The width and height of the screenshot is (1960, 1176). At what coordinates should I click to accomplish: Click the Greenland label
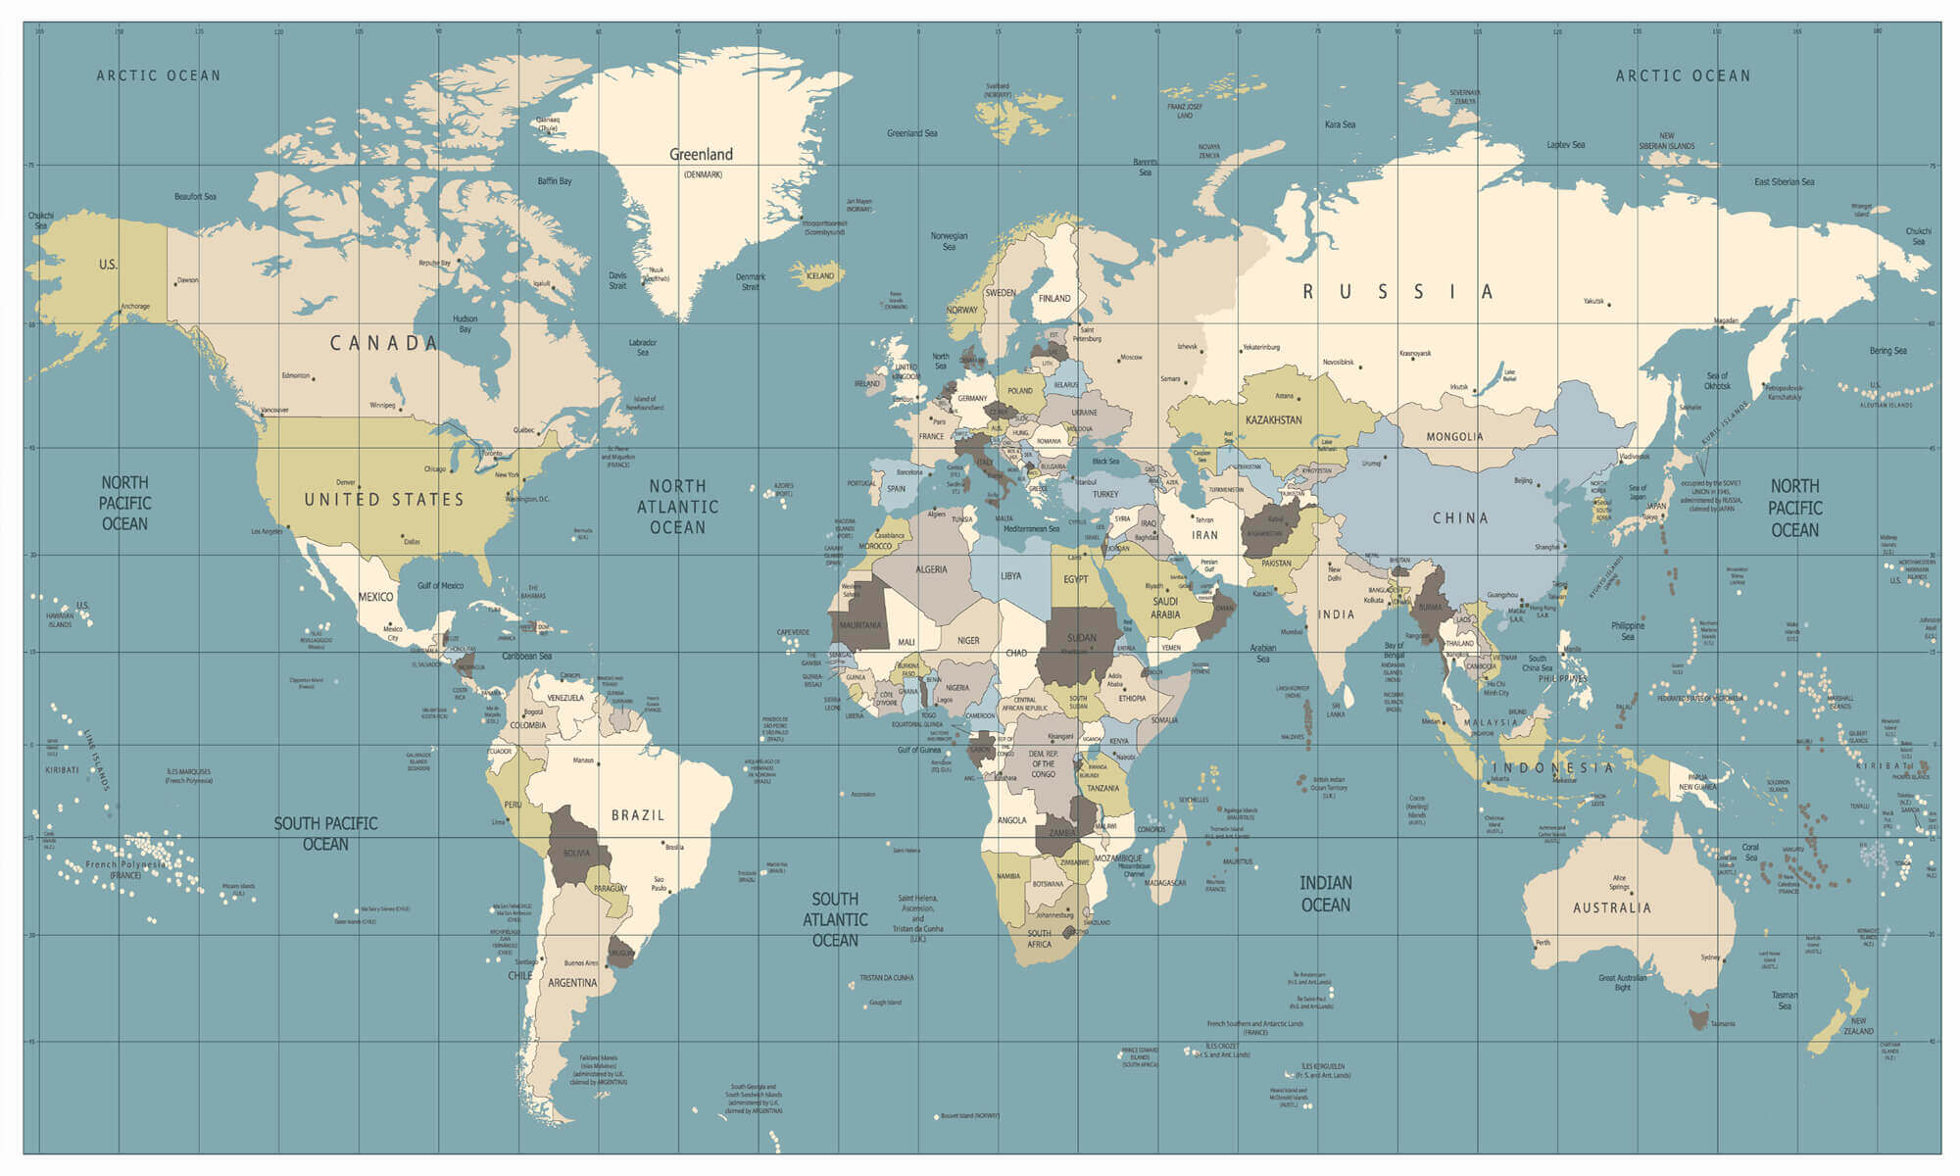tap(701, 155)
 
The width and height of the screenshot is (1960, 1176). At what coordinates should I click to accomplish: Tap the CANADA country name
tap(383, 343)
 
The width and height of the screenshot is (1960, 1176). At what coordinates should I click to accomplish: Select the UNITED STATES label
tap(384, 500)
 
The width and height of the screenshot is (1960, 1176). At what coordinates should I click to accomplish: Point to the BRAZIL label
tap(638, 815)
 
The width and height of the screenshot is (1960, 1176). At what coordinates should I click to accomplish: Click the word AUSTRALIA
tap(1612, 908)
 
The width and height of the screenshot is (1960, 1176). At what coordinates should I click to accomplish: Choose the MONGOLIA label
tap(1454, 437)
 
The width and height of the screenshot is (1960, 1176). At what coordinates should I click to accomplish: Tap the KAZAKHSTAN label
tap(1274, 420)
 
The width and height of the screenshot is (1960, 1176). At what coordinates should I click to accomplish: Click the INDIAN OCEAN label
tap(1326, 894)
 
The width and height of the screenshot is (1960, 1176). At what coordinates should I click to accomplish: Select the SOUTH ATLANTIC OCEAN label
tap(835, 919)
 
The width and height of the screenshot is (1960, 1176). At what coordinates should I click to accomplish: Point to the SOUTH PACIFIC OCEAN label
tap(325, 834)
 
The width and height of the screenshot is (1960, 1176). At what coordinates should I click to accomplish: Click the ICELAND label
tap(820, 276)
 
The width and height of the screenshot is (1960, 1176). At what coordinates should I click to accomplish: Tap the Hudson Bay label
tap(465, 323)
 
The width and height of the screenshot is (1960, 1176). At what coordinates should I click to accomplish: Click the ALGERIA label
tap(931, 569)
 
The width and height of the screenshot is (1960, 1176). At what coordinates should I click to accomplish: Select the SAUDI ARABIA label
tap(1165, 608)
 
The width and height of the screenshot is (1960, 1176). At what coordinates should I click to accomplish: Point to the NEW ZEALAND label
tap(1858, 1026)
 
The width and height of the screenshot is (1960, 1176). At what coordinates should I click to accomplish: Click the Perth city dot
tap(1536, 948)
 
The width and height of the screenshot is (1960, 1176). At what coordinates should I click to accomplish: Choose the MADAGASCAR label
tap(1166, 883)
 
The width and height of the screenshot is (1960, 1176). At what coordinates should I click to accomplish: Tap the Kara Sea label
tap(1340, 125)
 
